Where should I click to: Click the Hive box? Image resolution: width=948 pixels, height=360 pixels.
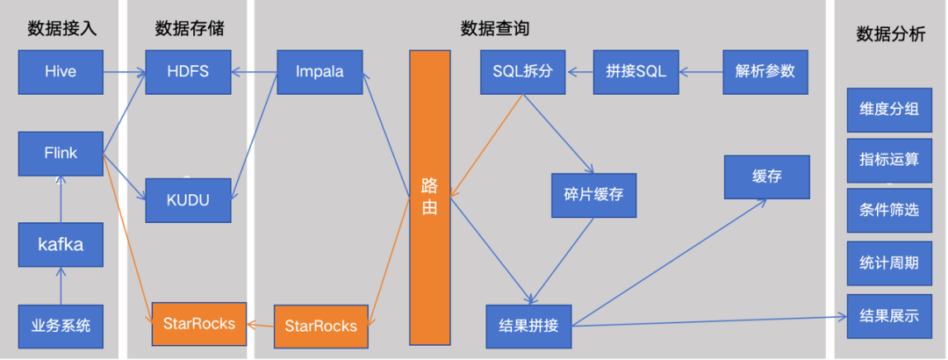[61, 72]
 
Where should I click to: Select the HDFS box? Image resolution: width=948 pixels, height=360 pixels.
[188, 72]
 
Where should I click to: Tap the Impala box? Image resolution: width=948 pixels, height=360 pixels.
[320, 72]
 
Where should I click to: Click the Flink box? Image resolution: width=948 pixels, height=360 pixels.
[61, 154]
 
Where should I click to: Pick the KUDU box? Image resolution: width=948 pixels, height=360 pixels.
[188, 200]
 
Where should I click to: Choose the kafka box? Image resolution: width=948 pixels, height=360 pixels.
[61, 244]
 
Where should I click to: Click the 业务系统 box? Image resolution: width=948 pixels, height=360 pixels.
[61, 326]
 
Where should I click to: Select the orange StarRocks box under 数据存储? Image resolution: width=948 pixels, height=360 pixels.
[199, 324]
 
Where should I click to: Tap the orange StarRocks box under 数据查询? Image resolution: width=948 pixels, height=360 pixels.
[321, 327]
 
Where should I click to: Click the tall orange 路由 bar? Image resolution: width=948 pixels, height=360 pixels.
[430, 198]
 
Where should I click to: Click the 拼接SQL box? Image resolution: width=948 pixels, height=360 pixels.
[636, 72]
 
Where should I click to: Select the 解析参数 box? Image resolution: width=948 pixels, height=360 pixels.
[765, 72]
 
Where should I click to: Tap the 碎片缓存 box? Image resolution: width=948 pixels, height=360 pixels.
[593, 196]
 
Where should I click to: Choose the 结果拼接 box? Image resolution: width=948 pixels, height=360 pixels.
[529, 327]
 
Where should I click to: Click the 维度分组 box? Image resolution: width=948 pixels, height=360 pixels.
[889, 110]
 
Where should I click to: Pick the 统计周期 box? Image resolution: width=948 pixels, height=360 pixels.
[889, 263]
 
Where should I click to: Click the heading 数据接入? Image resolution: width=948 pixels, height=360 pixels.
[62, 28]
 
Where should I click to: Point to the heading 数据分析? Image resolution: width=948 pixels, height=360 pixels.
[891, 34]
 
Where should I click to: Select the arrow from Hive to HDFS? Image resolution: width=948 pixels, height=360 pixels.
[125, 73]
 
